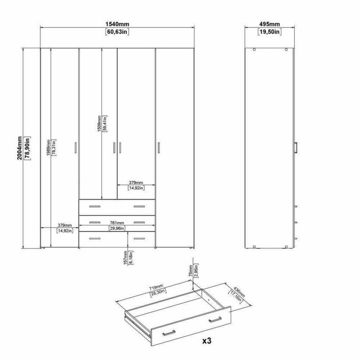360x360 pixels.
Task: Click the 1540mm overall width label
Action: coord(117,24)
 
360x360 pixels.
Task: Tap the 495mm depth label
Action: coord(270,24)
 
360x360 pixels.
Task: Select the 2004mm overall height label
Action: coord(20,148)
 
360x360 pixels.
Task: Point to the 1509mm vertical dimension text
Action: coord(99,123)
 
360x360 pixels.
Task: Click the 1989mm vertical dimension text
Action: coord(48,148)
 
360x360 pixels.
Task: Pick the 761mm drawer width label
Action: coord(117,223)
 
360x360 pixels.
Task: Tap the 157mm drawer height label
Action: coord(125,258)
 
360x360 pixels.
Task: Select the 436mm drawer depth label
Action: coord(239,292)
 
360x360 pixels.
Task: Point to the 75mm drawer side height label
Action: coord(190,271)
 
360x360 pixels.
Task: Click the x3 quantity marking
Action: coord(207,341)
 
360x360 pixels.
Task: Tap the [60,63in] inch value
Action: coord(117,32)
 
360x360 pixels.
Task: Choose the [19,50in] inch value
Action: coord(270,32)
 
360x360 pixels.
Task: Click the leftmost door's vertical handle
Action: coord(76,147)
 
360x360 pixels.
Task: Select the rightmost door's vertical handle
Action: coord(159,147)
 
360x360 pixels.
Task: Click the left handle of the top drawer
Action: coord(95,207)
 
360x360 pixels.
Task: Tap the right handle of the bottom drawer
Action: coord(139,239)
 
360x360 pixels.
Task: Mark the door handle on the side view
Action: coord(296,147)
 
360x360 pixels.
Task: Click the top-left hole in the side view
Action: coord(254,49)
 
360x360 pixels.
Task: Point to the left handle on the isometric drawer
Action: coord(169,333)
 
